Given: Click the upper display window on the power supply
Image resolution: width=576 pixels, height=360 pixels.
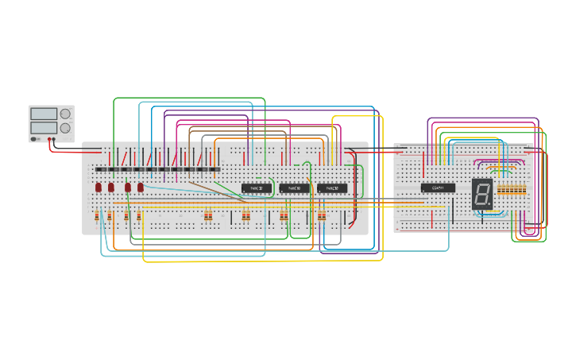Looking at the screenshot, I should click(44, 114).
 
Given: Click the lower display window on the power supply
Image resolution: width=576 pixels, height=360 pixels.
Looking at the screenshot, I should click(44, 127).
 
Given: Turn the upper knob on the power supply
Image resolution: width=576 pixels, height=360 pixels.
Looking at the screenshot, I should click(65, 114).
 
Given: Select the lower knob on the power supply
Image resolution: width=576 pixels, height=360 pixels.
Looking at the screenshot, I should click(65, 127).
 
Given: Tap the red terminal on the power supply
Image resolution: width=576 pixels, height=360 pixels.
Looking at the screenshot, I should click(53, 139).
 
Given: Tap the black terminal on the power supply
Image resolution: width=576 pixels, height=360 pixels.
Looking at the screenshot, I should click(48, 139).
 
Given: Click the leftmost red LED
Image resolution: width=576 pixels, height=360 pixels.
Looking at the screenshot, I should click(99, 188).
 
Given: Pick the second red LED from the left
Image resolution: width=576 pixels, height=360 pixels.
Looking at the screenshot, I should click(111, 188).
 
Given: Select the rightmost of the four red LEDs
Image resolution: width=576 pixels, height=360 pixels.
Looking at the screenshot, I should click(141, 188).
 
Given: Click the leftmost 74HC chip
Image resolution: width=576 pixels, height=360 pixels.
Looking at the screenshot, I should click(257, 188).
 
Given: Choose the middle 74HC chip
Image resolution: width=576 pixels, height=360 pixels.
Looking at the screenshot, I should click(294, 188).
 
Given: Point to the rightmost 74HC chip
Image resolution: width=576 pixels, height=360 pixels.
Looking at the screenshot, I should click(332, 188).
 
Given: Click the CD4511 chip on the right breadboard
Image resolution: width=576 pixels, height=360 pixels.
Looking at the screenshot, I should click(438, 188).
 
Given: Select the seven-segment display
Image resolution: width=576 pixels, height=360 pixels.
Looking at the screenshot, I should click(482, 193).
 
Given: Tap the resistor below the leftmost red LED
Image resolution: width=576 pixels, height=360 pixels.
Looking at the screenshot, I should click(99, 216).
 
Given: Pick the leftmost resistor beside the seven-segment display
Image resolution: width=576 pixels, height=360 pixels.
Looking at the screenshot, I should click(499, 190).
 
